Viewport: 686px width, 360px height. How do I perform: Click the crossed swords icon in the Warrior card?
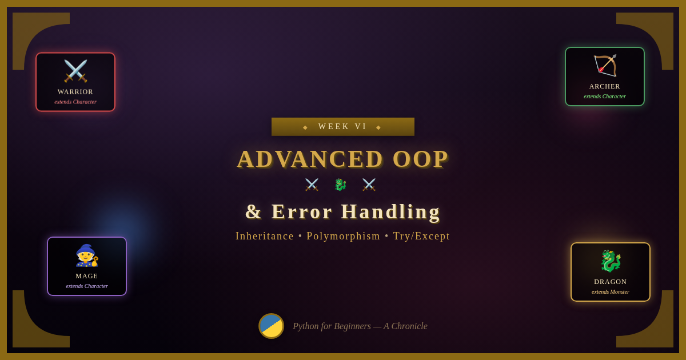[x=75, y=71]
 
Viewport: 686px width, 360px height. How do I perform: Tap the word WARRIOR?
[x=75, y=92]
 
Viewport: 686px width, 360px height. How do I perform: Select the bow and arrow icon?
[x=605, y=66]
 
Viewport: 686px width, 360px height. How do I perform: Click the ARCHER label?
[x=605, y=86]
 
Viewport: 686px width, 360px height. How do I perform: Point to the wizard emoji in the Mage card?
[x=87, y=255]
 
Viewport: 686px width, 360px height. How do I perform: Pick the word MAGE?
[x=87, y=276]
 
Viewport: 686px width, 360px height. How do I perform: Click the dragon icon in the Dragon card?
[x=611, y=261]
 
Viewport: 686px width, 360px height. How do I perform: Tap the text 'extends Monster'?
[x=611, y=292]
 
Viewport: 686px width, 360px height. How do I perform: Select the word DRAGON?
[x=611, y=282]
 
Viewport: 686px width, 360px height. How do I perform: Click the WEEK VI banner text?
[x=342, y=126]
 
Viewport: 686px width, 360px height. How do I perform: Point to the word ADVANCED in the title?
[x=310, y=159]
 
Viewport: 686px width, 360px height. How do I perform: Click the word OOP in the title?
[x=421, y=159]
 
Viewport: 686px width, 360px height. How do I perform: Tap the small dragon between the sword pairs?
[x=340, y=185]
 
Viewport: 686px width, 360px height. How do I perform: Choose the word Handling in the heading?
[x=391, y=211]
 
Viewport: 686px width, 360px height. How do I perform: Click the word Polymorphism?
[x=344, y=236]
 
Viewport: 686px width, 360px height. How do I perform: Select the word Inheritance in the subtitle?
[x=265, y=236]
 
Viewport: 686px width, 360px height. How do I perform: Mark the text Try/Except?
[x=421, y=236]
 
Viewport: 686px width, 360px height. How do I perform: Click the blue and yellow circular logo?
[x=271, y=326]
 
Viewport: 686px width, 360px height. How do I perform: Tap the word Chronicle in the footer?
[x=409, y=326]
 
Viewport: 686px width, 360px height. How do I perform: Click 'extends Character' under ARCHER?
[x=605, y=97]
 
